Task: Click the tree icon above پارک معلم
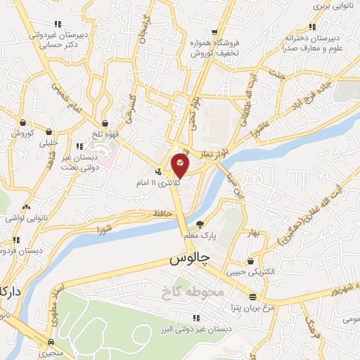(x=200, y=224)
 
